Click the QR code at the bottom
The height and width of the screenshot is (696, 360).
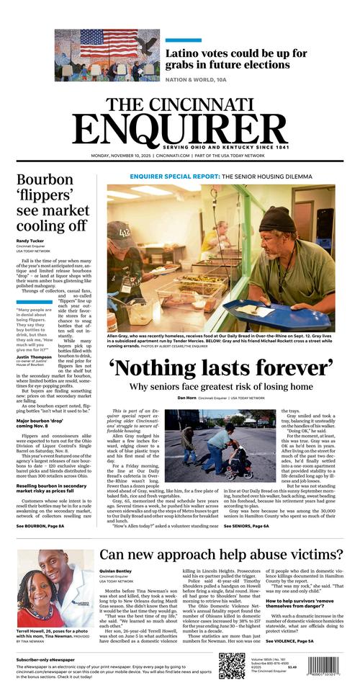(x=232, y=665)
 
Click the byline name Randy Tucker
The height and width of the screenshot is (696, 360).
(x=31, y=241)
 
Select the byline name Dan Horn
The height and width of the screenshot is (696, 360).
(x=186, y=398)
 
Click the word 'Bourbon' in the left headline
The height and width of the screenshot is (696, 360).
(x=45, y=180)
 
